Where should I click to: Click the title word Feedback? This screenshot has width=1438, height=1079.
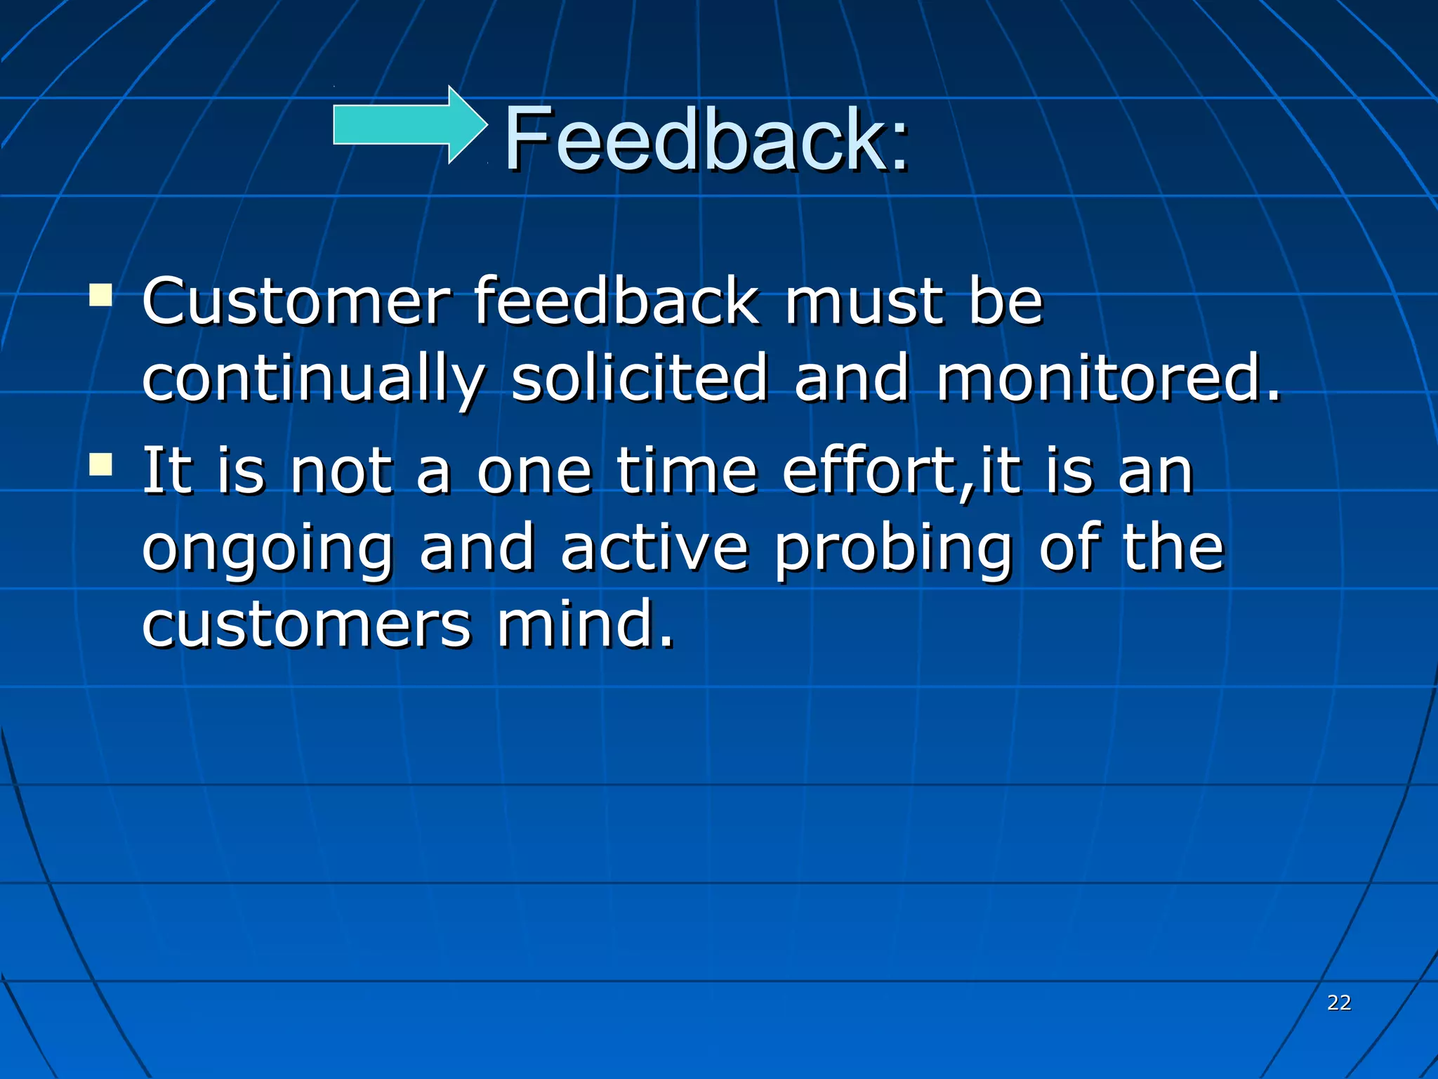tap(706, 138)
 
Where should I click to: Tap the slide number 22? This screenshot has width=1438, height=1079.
tap(1338, 1002)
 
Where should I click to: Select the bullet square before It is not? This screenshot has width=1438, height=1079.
tap(101, 464)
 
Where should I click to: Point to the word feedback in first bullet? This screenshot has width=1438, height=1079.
tap(616, 301)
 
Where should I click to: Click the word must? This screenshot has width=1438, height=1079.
tap(864, 301)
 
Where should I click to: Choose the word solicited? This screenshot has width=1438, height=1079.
tap(639, 379)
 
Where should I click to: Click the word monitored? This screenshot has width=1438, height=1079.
tap(1108, 379)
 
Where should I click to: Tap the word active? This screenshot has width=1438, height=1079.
tap(654, 548)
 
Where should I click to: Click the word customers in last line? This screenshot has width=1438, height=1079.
tap(306, 625)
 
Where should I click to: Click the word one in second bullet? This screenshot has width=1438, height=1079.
tap(534, 472)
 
